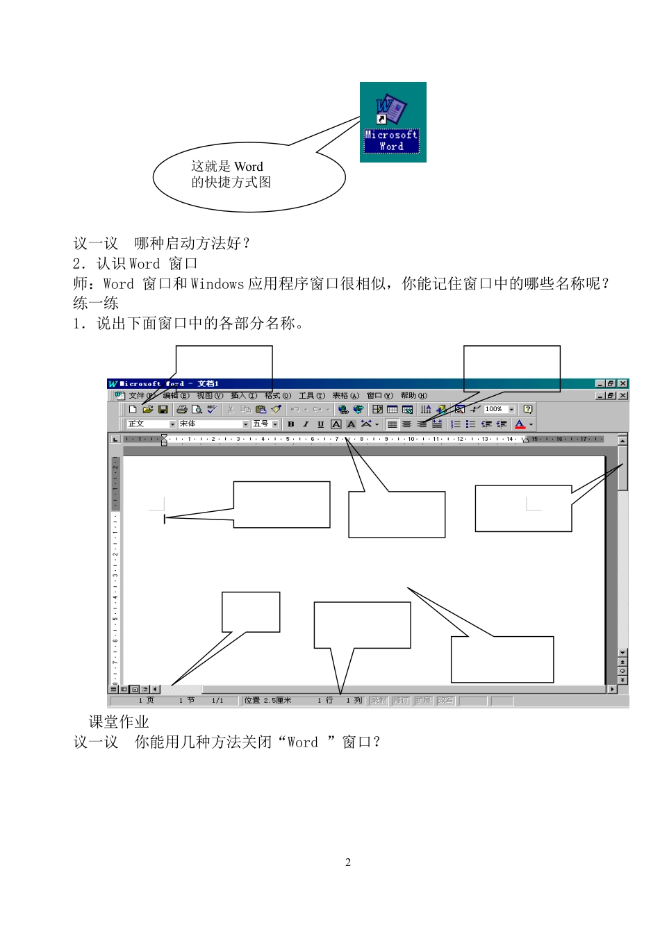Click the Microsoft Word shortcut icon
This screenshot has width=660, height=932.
(393, 122)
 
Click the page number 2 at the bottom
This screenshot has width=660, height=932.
(348, 863)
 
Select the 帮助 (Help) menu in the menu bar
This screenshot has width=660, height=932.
(413, 396)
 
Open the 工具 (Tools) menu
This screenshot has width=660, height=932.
(311, 396)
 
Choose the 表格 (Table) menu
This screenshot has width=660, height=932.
(345, 396)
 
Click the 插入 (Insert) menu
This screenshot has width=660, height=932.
(243, 396)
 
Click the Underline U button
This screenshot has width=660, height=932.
(320, 424)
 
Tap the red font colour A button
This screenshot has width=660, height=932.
(520, 424)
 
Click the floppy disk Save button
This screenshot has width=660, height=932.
(163, 410)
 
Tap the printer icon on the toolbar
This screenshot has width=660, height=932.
(182, 410)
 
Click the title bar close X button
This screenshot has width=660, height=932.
(623, 383)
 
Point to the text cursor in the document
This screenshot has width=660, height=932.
(165, 518)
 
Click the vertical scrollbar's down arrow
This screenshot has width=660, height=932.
(622, 653)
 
